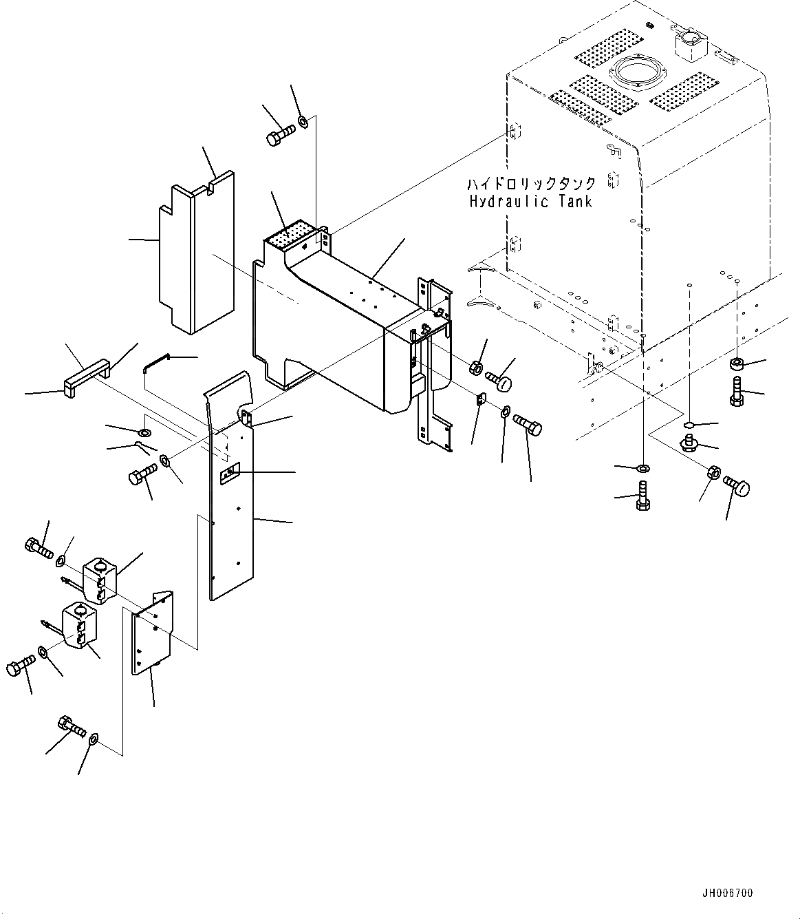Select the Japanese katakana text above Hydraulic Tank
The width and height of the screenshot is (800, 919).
coord(531,184)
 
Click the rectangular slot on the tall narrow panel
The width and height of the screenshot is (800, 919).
coord(229,472)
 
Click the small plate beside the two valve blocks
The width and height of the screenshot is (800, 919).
coord(152,633)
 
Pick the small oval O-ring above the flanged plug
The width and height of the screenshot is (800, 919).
coord(690,426)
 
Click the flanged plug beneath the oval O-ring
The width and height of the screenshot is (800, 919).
coord(689,444)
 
